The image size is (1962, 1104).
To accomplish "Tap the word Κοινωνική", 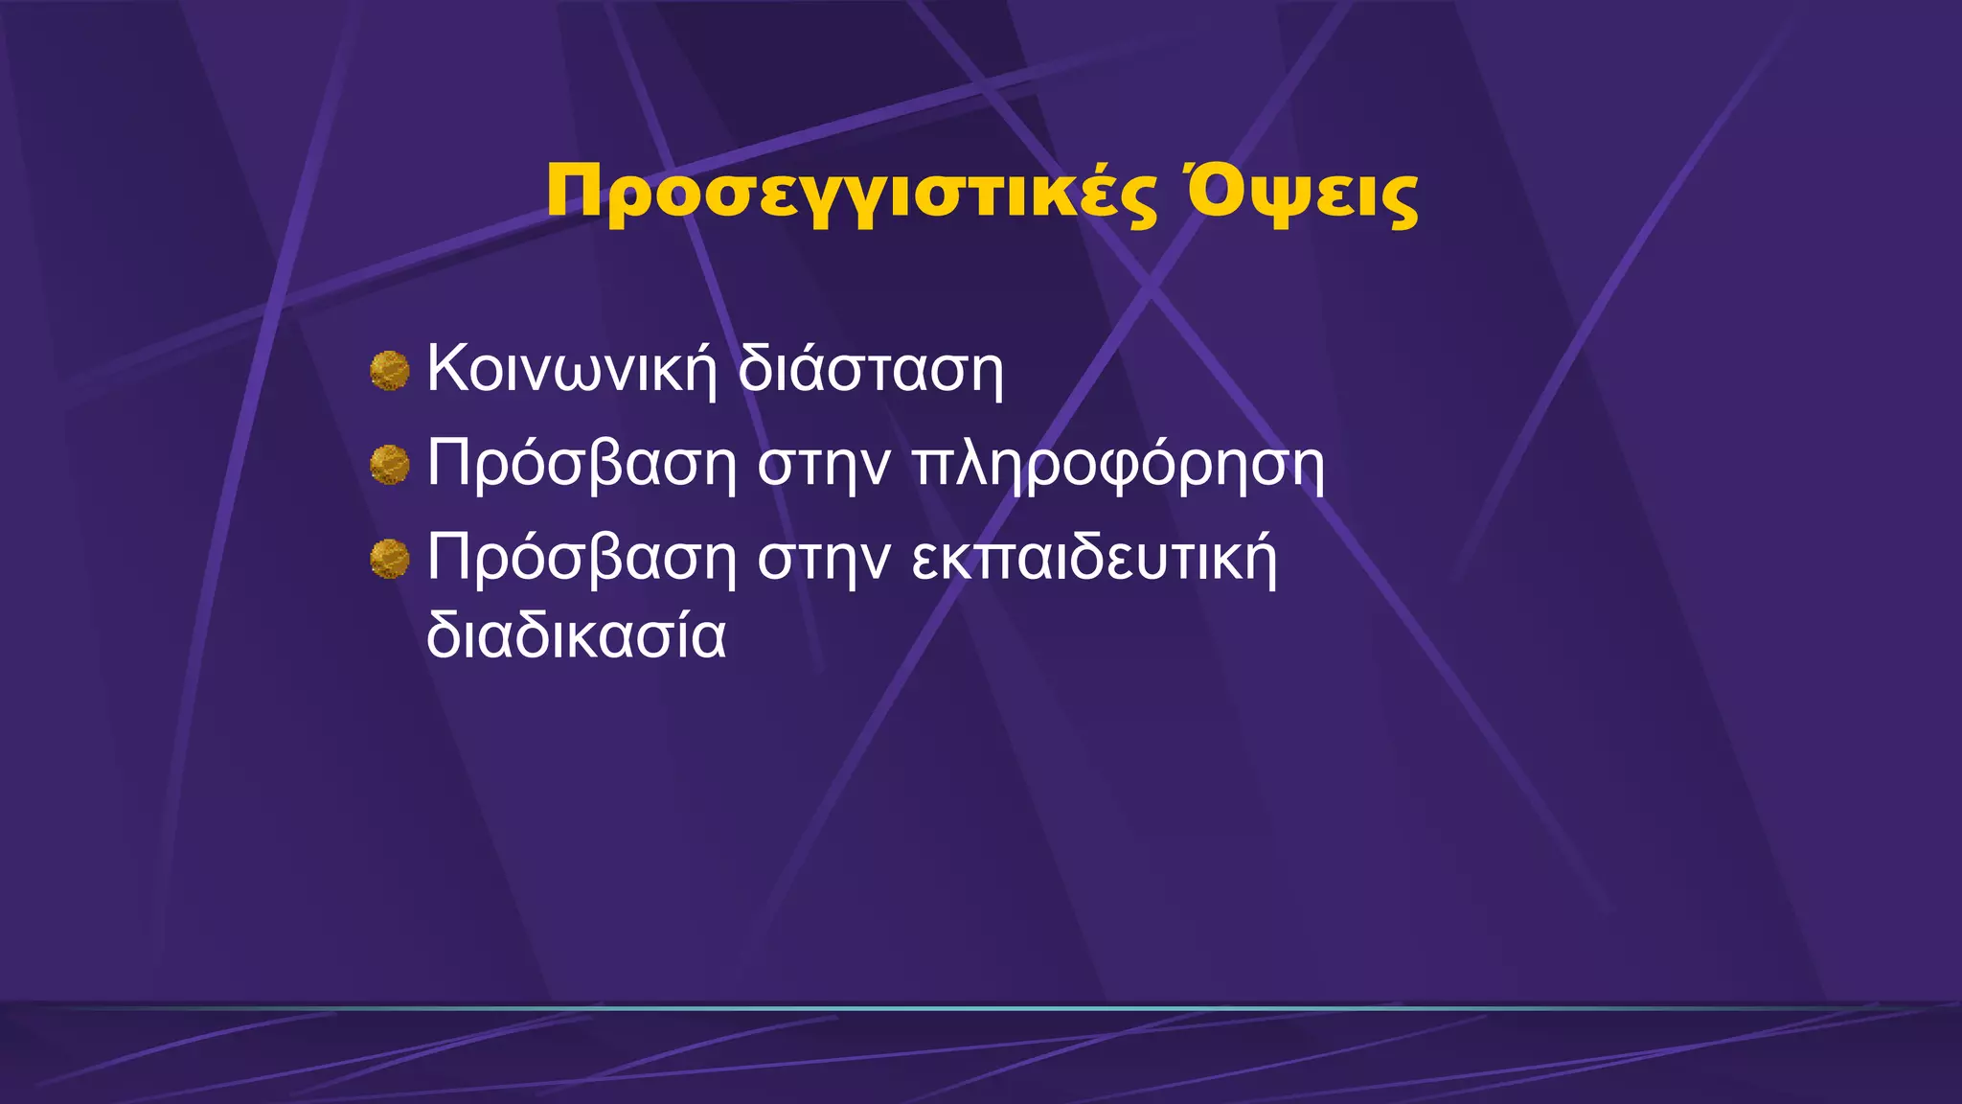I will click(571, 368).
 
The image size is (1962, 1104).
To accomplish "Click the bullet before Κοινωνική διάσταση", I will click(390, 371).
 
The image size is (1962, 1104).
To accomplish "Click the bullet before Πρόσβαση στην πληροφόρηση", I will click(390, 465).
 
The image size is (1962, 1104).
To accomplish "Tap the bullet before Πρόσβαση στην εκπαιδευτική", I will click(390, 559).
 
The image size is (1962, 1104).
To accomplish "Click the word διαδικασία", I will click(576, 635).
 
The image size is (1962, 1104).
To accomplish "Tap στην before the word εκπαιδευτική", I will click(824, 560).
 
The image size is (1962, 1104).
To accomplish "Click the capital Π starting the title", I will click(575, 193).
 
